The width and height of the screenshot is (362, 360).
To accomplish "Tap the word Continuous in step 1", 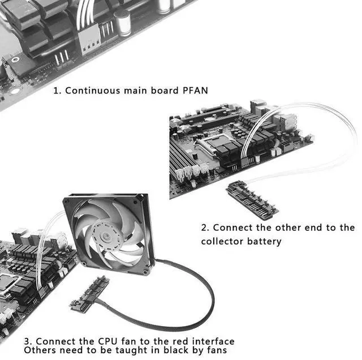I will [92, 91].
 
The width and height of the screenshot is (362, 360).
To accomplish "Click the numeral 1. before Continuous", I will [57, 91].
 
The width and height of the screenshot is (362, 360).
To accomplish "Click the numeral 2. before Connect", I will [205, 228].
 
